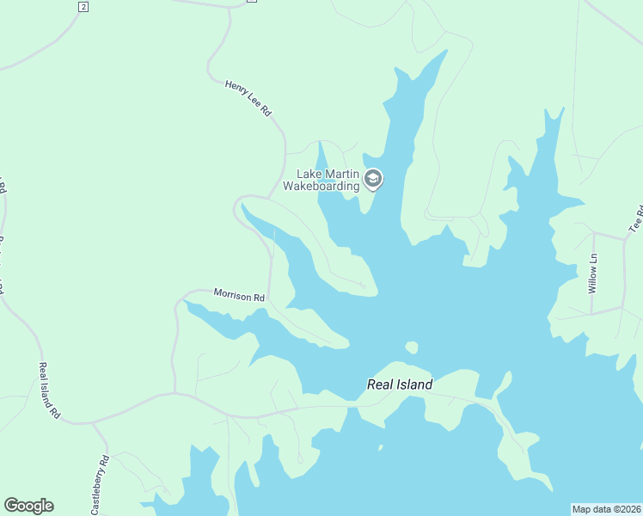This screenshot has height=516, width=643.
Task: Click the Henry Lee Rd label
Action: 248,98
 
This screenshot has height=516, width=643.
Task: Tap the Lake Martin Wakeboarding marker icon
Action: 373,179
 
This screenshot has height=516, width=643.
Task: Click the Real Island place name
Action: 400,385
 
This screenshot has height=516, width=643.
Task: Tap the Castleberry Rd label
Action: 100,483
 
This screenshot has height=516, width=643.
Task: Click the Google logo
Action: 28,506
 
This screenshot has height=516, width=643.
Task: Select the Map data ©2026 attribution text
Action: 606,509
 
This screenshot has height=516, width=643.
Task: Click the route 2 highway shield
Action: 83,7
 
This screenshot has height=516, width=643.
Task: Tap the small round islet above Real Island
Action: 411,347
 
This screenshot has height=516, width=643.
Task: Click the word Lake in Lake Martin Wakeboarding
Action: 309,174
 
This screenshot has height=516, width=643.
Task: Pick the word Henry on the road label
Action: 236,89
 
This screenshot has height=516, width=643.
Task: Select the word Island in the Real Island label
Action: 414,385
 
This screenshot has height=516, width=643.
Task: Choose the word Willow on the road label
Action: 592,279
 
